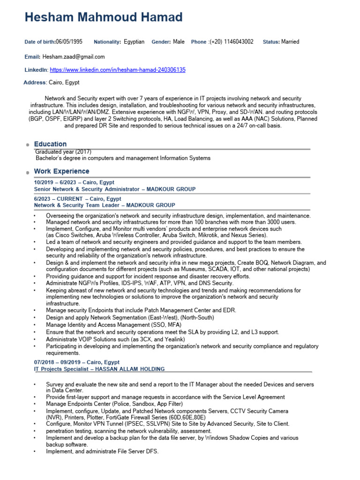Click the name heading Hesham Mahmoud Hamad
click(103, 18)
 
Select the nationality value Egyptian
click(134, 42)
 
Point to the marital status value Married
click(290, 42)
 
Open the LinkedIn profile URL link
click(118, 70)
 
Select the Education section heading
click(50, 144)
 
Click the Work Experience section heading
click(61, 171)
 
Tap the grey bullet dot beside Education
click(29, 145)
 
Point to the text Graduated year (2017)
click(63, 152)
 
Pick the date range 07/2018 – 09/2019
click(60, 362)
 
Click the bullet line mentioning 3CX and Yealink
click(115, 339)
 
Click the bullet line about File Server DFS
click(102, 451)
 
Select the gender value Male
click(179, 42)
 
